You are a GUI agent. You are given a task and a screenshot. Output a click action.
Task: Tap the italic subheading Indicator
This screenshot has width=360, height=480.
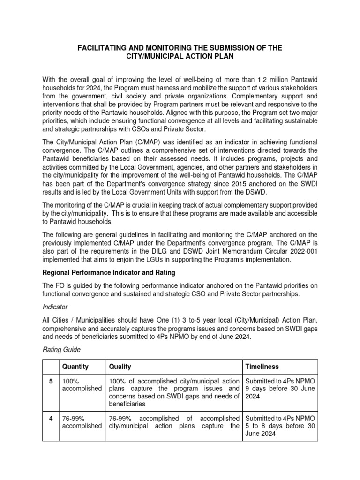pyautogui.click(x=55, y=307)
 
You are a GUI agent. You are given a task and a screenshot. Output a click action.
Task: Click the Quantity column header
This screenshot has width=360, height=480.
pyautogui.click(x=75, y=367)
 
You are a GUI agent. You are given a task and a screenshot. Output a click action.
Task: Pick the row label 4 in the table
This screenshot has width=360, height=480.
pyautogui.click(x=51, y=418)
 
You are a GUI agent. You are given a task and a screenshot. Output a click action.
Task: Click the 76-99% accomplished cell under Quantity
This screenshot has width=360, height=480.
pyautogui.click(x=81, y=422)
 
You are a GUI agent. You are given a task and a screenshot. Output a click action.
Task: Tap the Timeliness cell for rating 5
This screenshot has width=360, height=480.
pyautogui.click(x=279, y=388)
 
